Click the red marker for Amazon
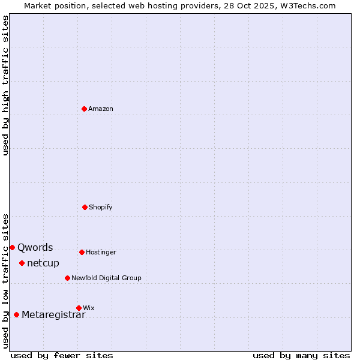click(x=85, y=109)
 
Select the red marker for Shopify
click(x=85, y=207)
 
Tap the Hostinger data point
click(x=82, y=252)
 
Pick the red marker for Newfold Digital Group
click(x=67, y=278)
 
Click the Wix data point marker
click(x=79, y=308)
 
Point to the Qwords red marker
click(x=12, y=247)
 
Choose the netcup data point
click(x=22, y=263)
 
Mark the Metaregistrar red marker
click(x=16, y=314)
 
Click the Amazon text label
click(x=101, y=109)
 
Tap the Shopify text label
click(x=101, y=207)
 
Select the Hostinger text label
click(x=101, y=252)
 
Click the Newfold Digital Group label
click(x=106, y=278)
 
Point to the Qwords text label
click(x=35, y=247)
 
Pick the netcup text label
click(x=43, y=263)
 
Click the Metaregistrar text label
click(x=53, y=315)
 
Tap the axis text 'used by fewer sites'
click(x=62, y=355)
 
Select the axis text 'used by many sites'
click(x=301, y=355)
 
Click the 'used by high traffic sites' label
click(x=5, y=85)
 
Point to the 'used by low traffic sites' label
click(x=5, y=281)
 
